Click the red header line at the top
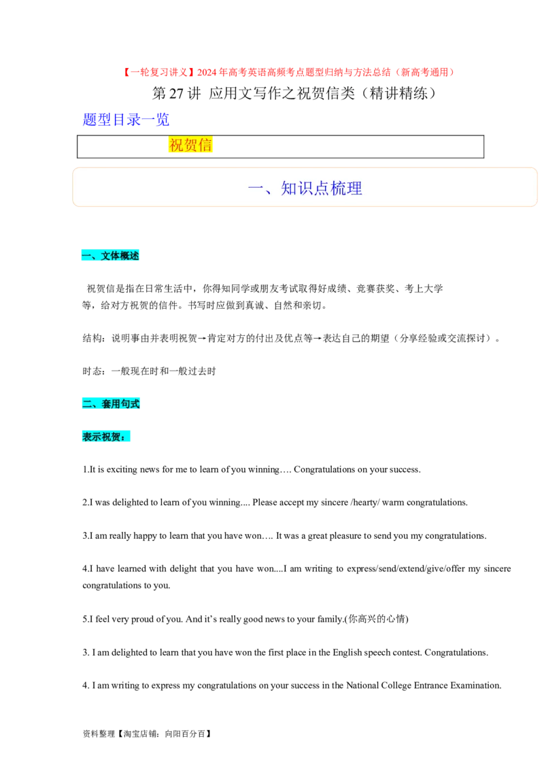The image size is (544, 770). coord(288,72)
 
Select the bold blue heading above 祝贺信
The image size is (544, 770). coord(126,120)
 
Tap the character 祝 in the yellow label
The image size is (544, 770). coord(175,145)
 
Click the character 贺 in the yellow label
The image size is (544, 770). coord(190,145)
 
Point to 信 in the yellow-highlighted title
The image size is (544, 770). coord(205,145)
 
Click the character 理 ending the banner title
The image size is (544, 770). coord(354,188)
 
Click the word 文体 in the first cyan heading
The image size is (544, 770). coord(110,256)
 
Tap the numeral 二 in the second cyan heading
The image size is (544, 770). coord(87,404)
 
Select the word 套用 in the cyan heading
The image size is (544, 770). coord(110,404)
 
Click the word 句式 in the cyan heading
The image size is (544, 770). coord(130,404)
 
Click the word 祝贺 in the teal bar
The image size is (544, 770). coord(111,437)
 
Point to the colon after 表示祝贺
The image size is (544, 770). coord(123,437)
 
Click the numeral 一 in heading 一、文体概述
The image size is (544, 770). coord(86,256)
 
